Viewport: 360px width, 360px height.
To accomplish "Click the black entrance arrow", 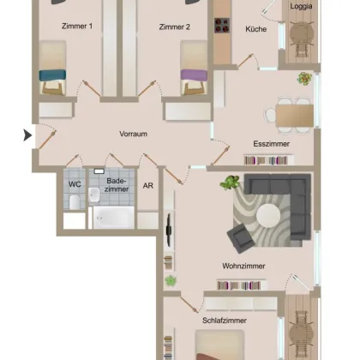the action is pyautogui.click(x=27, y=135).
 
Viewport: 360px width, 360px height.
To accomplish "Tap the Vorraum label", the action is pyautogui.click(x=134, y=134).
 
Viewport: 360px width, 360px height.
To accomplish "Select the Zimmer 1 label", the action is pyautogui.click(x=77, y=26).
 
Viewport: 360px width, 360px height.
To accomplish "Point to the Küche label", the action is pyautogui.click(x=256, y=29).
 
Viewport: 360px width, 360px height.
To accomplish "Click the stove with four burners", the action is pyautogui.click(x=222, y=26).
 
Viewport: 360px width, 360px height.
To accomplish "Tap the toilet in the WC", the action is pyautogui.click(x=75, y=201).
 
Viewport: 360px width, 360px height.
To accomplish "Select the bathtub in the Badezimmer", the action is pyautogui.click(x=114, y=217).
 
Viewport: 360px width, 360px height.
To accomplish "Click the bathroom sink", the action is pyautogui.click(x=94, y=195).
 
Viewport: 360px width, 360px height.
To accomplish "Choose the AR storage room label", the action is pyautogui.click(x=148, y=185).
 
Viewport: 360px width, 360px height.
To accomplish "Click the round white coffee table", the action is pyautogui.click(x=268, y=215).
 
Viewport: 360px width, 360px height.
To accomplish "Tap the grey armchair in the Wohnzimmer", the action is pyautogui.click(x=241, y=238).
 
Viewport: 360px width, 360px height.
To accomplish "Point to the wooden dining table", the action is pyautogui.click(x=295, y=116).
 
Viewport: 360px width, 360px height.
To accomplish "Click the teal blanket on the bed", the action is pyautogui.click(x=52, y=75).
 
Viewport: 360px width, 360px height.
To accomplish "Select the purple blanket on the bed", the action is pyautogui.click(x=194, y=75).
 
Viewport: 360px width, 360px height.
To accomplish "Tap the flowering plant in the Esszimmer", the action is pyautogui.click(x=304, y=78).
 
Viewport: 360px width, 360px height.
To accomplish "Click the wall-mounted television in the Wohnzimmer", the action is pyautogui.click(x=169, y=230).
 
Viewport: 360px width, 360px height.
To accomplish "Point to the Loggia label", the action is pyautogui.click(x=301, y=6).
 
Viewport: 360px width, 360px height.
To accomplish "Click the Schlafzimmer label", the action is pyautogui.click(x=225, y=321).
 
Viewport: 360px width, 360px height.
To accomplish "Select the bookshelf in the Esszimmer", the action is pyautogui.click(x=269, y=160).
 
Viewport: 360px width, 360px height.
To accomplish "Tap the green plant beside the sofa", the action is pyautogui.click(x=230, y=182).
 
